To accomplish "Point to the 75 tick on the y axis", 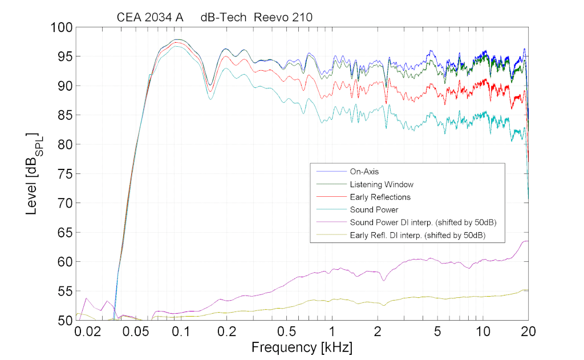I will (x=63, y=174).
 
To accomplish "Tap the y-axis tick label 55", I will (x=63, y=291).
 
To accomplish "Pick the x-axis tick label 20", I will (x=528, y=331).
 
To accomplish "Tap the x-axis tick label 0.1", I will (x=180, y=331).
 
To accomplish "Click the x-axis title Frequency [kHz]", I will (x=302, y=346).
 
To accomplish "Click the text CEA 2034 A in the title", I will (x=150, y=18).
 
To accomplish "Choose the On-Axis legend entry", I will (x=364, y=171).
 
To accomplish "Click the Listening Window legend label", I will (x=381, y=184).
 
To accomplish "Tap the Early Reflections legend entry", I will (x=380, y=197).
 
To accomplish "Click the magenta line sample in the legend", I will (x=330, y=223).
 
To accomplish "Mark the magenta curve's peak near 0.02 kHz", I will (x=86, y=298).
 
